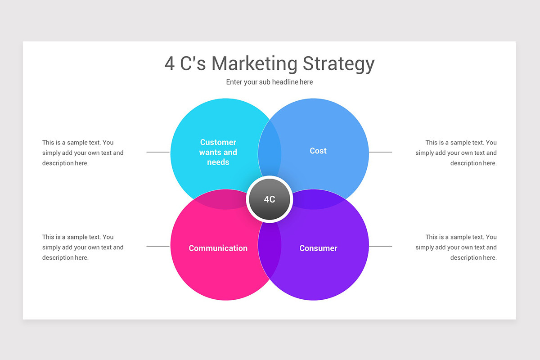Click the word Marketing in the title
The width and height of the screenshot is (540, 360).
tap(254, 63)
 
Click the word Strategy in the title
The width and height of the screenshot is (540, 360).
tap(338, 64)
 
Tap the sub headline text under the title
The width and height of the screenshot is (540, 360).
tap(269, 82)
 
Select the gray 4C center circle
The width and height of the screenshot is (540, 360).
tap(270, 199)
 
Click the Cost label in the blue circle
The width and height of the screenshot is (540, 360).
tap(318, 151)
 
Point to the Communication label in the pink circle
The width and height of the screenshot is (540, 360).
tap(218, 248)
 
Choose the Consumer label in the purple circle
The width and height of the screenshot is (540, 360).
tap(318, 248)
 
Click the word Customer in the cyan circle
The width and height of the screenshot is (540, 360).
tap(218, 142)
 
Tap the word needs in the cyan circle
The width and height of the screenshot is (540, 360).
tap(218, 162)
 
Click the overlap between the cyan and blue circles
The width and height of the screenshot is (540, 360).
tap(270, 148)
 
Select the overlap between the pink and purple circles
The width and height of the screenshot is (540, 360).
tap(270, 250)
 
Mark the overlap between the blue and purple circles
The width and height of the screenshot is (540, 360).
tap(317, 199)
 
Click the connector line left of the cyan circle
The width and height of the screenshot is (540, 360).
tap(158, 152)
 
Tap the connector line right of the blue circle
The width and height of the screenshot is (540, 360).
tap(380, 152)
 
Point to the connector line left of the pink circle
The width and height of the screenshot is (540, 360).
tap(158, 246)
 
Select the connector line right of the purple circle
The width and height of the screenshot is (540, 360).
tap(380, 246)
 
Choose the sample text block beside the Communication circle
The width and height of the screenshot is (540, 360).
tap(83, 247)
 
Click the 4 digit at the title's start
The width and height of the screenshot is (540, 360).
tap(169, 63)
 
